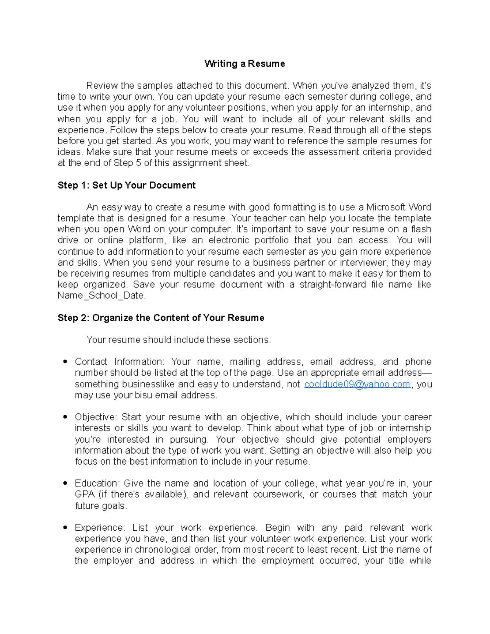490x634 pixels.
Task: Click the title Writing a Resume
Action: [245, 64]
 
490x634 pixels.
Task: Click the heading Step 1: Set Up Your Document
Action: [127, 185]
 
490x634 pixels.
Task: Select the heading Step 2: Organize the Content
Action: [161, 318]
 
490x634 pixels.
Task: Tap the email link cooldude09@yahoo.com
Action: [357, 384]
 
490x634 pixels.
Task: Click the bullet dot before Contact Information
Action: [65, 362]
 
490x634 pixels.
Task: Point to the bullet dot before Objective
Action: [65, 417]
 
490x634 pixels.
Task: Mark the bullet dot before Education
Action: [65, 483]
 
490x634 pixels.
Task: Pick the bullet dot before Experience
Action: [65, 528]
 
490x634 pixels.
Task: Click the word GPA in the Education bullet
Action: [85, 495]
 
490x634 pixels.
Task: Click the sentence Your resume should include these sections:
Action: [179, 340]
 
